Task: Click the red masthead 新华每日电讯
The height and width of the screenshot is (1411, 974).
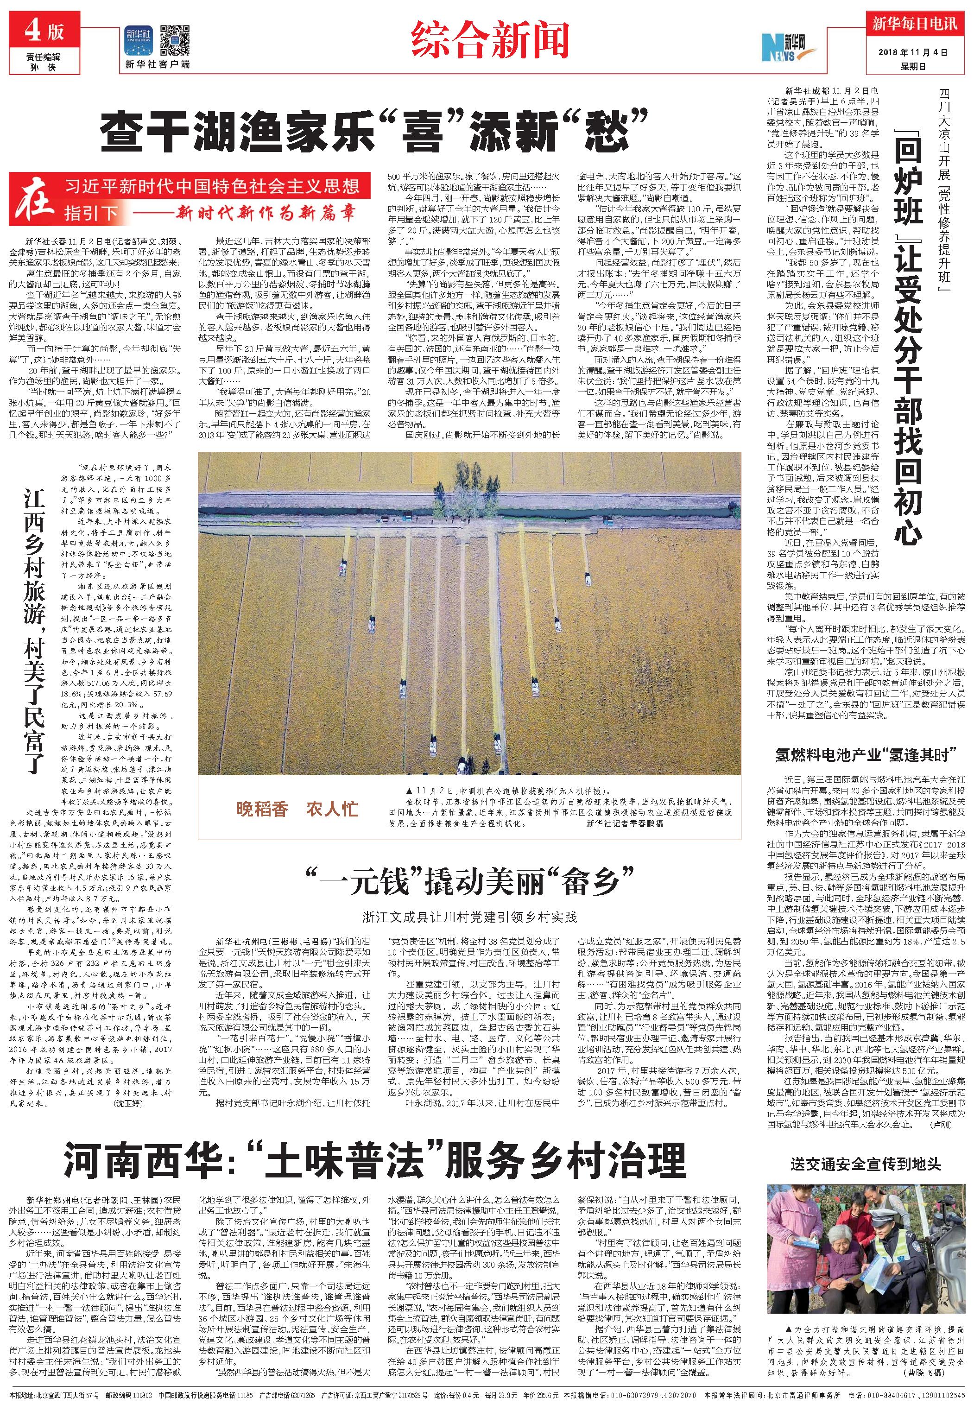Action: coord(914,25)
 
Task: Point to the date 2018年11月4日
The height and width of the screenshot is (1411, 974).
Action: coord(914,53)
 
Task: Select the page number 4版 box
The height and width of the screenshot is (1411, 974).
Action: coord(44,32)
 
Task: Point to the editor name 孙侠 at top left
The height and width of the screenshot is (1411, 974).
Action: coord(44,67)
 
